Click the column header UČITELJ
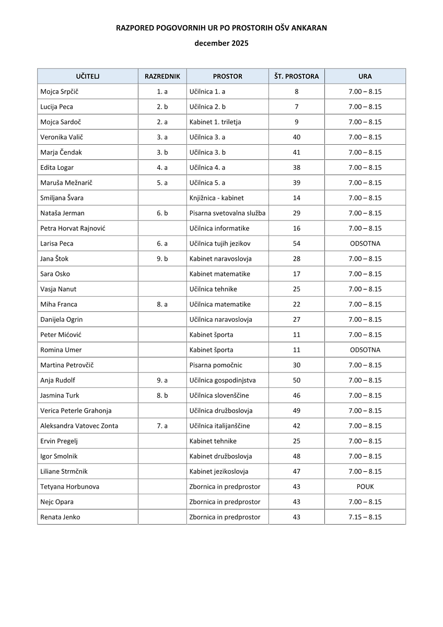tap(87, 76)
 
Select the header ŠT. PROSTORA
tap(296, 76)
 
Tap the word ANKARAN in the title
tap(308, 28)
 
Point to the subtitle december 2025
tap(221, 43)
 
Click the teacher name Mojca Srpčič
tap(60, 91)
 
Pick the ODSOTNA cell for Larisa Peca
tap(365, 243)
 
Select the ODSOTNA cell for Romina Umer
tap(365, 350)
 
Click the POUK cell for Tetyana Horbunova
tap(365, 486)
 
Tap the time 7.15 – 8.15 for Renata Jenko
tap(365, 517)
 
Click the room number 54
tap(296, 243)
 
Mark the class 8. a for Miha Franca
tap(162, 305)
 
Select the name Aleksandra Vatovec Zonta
tap(79, 426)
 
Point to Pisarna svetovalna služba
tap(227, 213)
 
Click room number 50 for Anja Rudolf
tap(296, 380)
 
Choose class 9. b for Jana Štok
tap(162, 259)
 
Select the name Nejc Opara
tap(57, 502)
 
